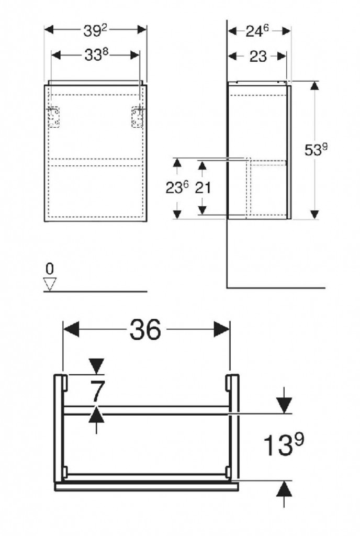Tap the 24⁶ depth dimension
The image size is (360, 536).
pos(257,31)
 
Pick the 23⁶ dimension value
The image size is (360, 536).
pos(177,187)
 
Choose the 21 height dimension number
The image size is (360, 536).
pos(203,188)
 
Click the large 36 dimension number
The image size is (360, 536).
pos(145,330)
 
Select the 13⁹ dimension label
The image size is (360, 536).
pos(284,444)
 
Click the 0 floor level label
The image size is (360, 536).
pos(50,269)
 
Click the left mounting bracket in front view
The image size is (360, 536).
pos(53,117)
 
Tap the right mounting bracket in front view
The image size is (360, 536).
pos(138,117)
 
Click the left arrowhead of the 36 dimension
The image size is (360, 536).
pos(71,329)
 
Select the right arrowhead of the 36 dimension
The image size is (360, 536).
pos(222,329)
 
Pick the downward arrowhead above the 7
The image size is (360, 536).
pos(96,366)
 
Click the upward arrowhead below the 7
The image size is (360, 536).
pos(96,415)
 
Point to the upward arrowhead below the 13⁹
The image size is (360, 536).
pos(284,489)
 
